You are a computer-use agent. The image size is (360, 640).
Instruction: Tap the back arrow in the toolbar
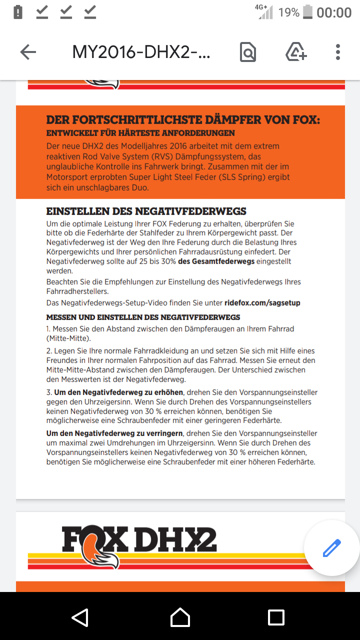(x=28, y=52)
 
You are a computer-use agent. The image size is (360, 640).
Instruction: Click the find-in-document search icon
(x=248, y=52)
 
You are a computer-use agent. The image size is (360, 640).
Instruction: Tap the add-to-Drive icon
(x=296, y=52)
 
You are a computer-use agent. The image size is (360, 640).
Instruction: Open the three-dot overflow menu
(x=338, y=52)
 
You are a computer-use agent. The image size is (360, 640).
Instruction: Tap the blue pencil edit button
(x=331, y=548)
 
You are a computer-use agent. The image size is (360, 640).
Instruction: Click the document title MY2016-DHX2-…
(x=141, y=52)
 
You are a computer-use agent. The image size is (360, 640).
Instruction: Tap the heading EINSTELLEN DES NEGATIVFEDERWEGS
(x=146, y=211)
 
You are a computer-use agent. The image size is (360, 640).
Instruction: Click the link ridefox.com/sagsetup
(x=262, y=303)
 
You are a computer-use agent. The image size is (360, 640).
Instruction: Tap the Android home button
(x=180, y=617)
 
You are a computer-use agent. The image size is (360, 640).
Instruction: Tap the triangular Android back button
(x=80, y=617)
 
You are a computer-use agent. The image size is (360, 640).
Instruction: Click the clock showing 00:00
(x=334, y=12)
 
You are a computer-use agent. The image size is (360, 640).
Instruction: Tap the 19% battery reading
(x=289, y=12)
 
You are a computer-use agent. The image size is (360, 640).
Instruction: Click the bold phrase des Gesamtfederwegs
(x=216, y=261)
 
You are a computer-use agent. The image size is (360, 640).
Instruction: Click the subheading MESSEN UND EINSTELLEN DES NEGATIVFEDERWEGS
(x=143, y=317)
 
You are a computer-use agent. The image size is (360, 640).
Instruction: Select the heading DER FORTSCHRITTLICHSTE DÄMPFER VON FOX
(x=183, y=120)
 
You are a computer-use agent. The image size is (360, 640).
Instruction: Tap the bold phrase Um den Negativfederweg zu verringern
(x=114, y=433)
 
